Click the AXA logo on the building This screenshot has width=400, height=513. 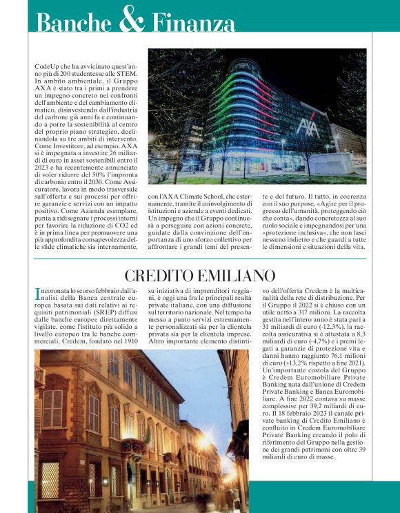pos(308,127)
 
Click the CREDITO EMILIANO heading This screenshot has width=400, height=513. pos(200,276)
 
